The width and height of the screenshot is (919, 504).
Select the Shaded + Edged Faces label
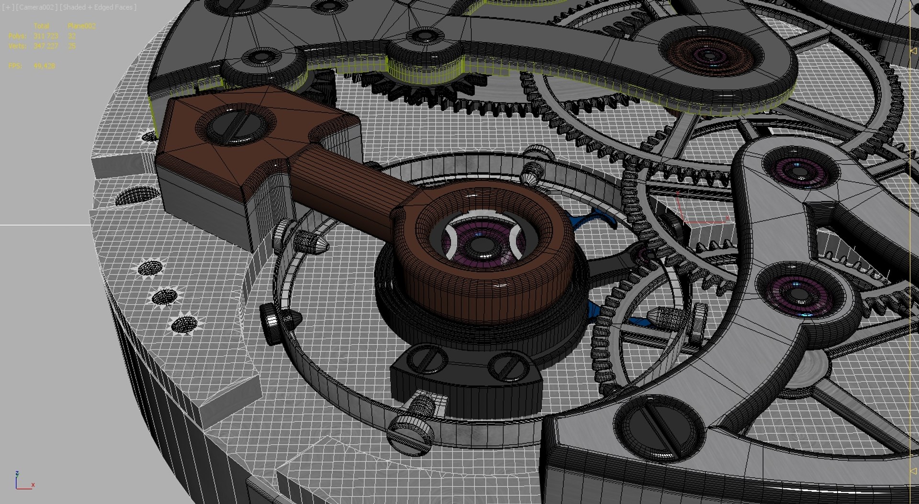pyautogui.click(x=98, y=7)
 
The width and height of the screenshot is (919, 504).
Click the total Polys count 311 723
pyautogui.click(x=45, y=36)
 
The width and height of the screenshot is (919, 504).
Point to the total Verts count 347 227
pyautogui.click(x=45, y=46)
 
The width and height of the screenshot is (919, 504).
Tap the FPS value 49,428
pyautogui.click(x=44, y=66)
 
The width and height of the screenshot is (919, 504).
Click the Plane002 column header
pyautogui.click(x=81, y=26)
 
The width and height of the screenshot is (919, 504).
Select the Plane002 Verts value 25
pyautogui.click(x=72, y=46)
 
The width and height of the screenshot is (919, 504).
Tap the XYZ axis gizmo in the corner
pyautogui.click(x=22, y=482)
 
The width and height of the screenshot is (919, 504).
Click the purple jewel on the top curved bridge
pyautogui.click(x=709, y=54)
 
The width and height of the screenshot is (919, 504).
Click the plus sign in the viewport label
pyautogui.click(x=6, y=7)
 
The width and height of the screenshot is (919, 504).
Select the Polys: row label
pyautogui.click(x=17, y=36)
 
